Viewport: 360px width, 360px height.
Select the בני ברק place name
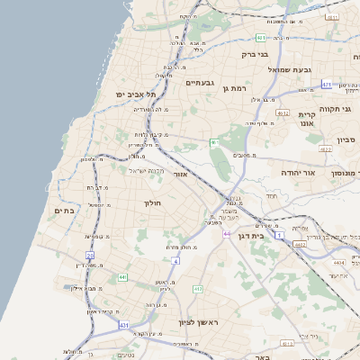pos(256,54)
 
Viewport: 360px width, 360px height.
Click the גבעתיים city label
pos(199,82)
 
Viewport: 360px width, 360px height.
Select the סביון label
pos(347,140)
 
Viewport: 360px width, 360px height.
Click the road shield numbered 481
pos(260,38)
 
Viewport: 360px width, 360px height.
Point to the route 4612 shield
pos(283,113)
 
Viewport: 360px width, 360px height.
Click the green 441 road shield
pos(121,277)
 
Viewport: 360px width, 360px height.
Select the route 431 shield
pos(124,324)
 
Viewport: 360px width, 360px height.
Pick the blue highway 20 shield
pos(90,256)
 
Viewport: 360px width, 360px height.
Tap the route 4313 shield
pos(287,343)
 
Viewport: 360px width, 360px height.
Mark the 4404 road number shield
pos(338,262)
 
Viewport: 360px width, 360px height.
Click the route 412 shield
pos(198,289)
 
